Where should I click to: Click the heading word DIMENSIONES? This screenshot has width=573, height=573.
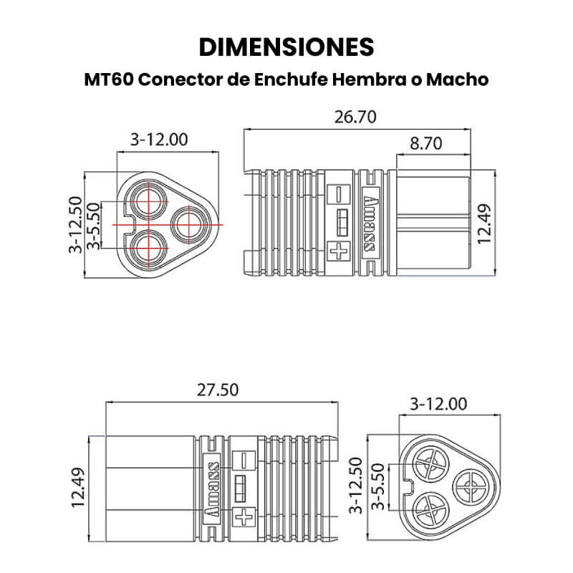pyautogui.click(x=286, y=47)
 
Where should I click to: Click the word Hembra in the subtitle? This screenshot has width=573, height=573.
pyautogui.click(x=369, y=80)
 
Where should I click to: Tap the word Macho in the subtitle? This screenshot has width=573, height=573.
pyautogui.click(x=457, y=80)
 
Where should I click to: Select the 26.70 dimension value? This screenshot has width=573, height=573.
pyautogui.click(x=355, y=117)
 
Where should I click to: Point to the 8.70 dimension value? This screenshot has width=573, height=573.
pyautogui.click(x=425, y=143)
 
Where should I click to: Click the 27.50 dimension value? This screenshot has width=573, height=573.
pyautogui.click(x=218, y=390)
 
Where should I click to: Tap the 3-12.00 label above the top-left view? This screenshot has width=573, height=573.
pyautogui.click(x=159, y=140)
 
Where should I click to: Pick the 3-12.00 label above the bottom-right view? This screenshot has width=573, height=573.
pyautogui.click(x=438, y=404)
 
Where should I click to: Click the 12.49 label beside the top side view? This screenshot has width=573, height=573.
pyautogui.click(x=485, y=223)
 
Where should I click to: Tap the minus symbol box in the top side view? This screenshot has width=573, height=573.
pyautogui.click(x=338, y=195)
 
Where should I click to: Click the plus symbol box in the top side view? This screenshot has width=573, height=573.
pyautogui.click(x=338, y=251)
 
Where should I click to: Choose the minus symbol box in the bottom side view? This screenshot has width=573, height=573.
pyautogui.click(x=244, y=460)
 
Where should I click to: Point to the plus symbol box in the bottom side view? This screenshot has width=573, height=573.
pyautogui.click(x=244, y=517)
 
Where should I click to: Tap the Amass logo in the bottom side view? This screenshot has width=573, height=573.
pyautogui.click(x=211, y=489)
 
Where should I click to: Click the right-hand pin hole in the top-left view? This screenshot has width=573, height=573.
pyautogui.click(x=189, y=224)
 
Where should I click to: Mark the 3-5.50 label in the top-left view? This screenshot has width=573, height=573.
pyautogui.click(x=94, y=226)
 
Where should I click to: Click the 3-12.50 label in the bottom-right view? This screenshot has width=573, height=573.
pyautogui.click(x=355, y=486)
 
